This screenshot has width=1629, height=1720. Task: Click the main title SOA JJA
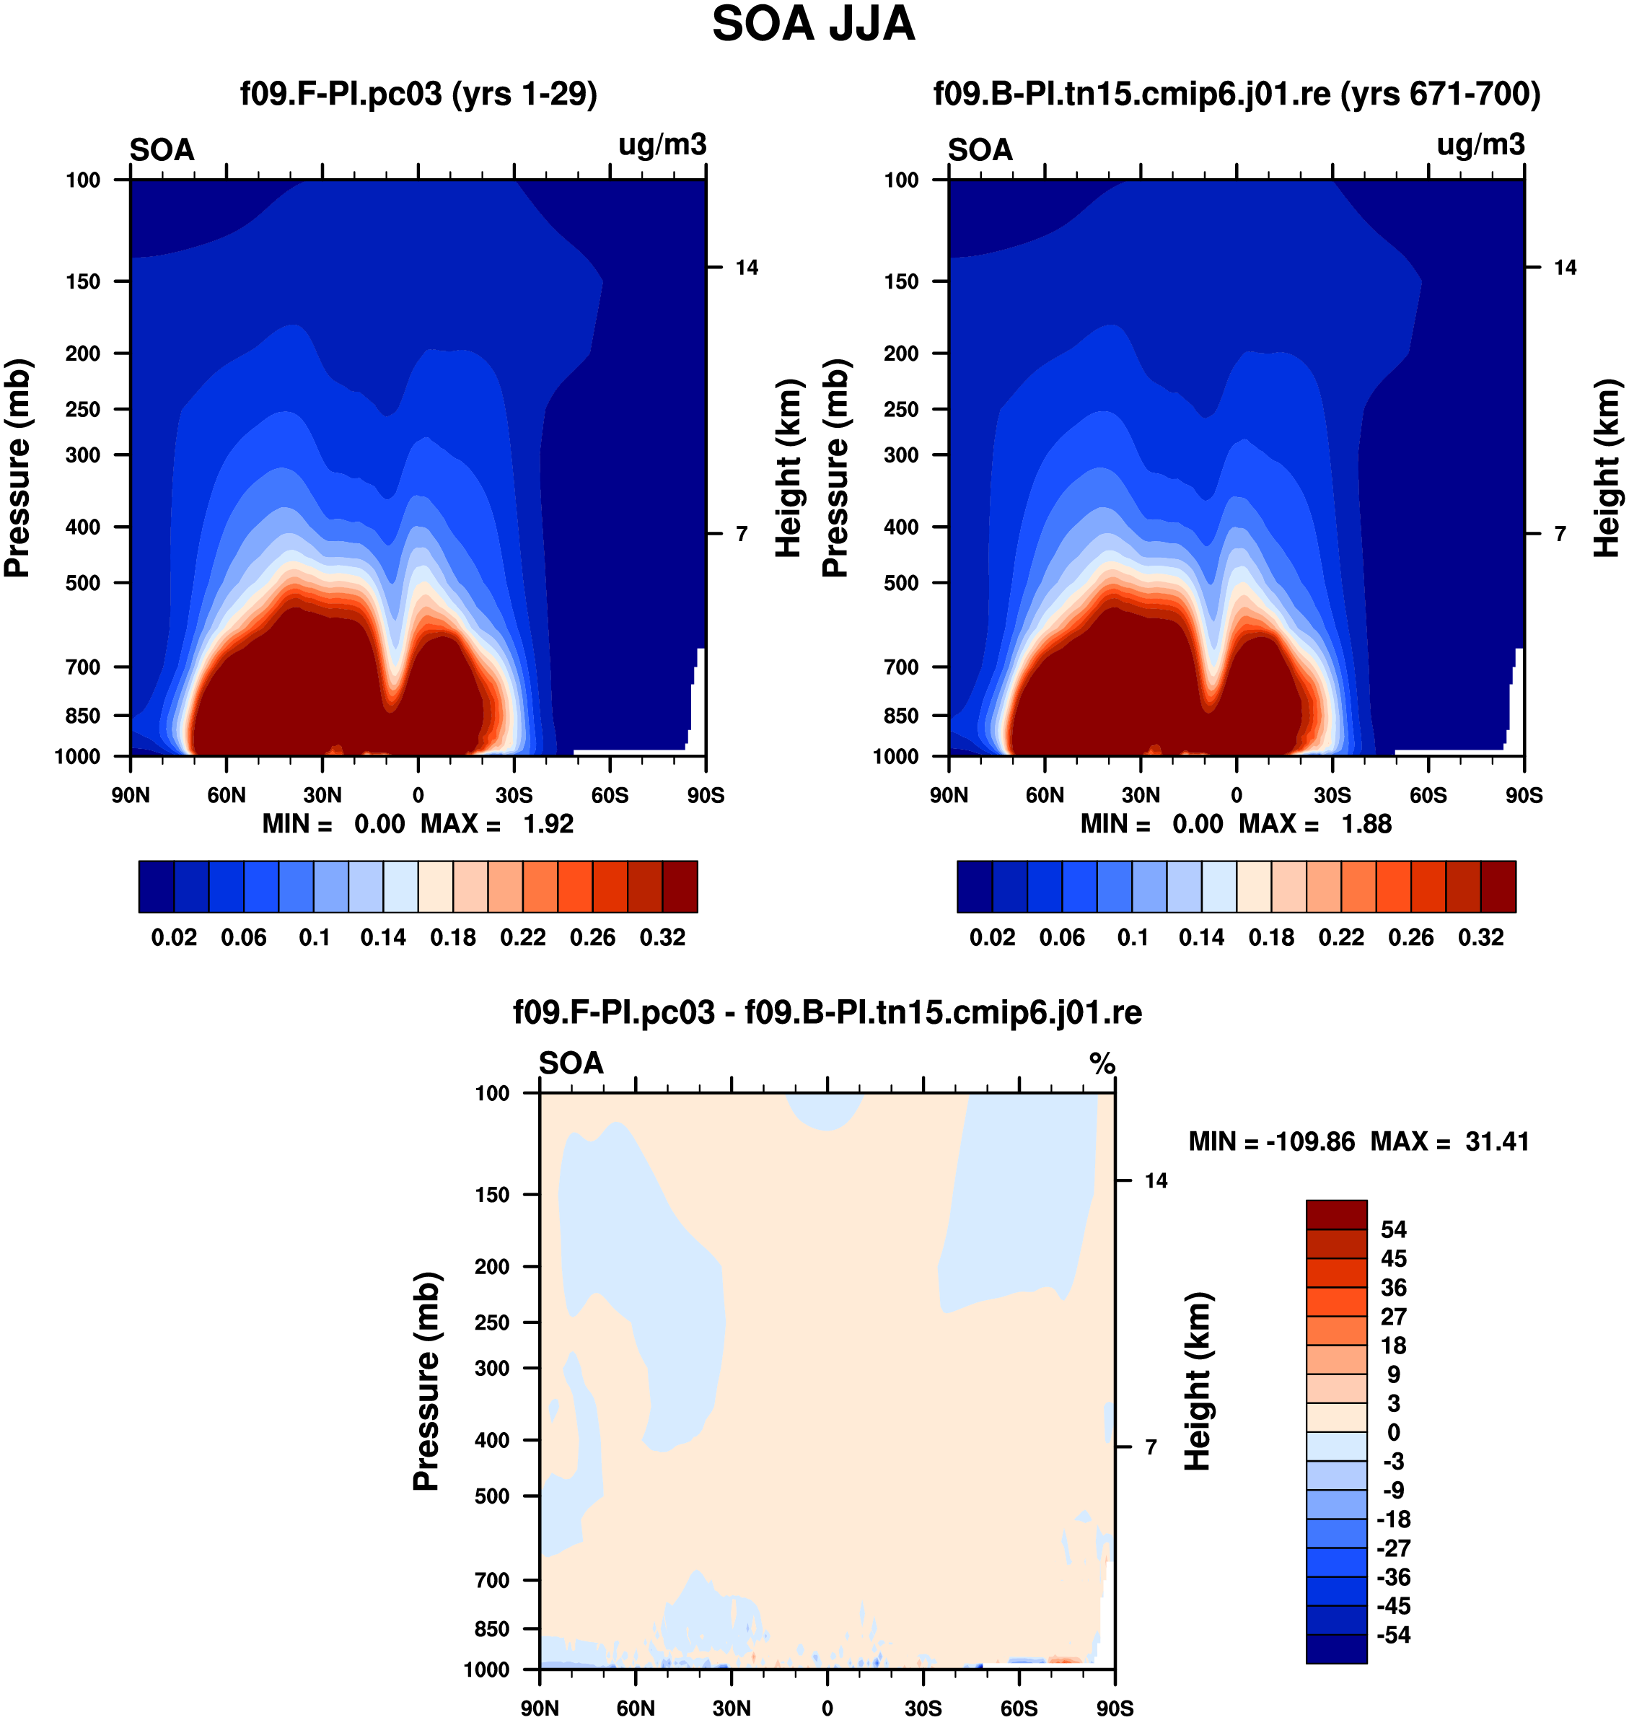click(814, 25)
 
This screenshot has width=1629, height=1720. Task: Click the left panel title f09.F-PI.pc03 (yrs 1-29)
click(418, 94)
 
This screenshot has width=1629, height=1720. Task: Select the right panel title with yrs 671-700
click(1237, 94)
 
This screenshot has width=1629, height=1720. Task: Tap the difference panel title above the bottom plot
click(827, 1012)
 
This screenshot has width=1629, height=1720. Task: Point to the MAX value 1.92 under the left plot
click(548, 824)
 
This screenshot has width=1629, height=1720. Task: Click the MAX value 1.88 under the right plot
click(1366, 824)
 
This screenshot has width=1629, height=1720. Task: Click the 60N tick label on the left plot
click(227, 795)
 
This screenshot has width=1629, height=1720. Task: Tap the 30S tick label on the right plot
click(1332, 795)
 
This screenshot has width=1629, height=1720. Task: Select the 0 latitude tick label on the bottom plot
click(827, 1708)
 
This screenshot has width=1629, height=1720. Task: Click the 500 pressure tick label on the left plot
click(84, 583)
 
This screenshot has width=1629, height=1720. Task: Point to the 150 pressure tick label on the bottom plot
click(492, 1195)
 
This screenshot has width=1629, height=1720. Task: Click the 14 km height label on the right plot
click(1565, 268)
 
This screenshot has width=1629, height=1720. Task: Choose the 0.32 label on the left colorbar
click(662, 938)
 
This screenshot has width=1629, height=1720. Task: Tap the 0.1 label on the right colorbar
click(1133, 938)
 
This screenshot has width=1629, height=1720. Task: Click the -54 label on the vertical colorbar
click(1393, 1635)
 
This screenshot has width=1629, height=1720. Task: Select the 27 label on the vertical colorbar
click(1393, 1316)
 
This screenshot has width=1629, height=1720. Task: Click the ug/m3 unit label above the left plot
click(662, 145)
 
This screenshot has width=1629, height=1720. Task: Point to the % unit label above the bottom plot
click(1102, 1063)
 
